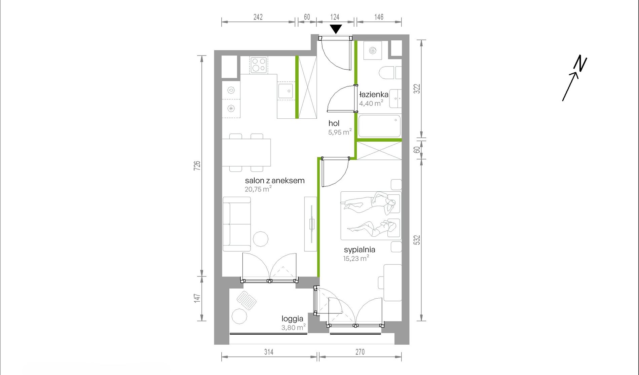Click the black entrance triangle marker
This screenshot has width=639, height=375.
pyautogui.click(x=336, y=29)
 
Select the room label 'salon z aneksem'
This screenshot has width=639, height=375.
pyautogui.click(x=275, y=181)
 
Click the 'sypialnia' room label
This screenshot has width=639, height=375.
pyautogui.click(x=360, y=250)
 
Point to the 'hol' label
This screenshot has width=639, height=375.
pyautogui.click(x=334, y=123)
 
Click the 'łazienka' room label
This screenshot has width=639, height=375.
pyautogui.click(x=374, y=95)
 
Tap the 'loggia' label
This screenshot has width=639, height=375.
pyautogui.click(x=292, y=319)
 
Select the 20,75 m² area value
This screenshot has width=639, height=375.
pyautogui.click(x=258, y=189)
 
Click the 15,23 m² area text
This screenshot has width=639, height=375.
pyautogui.click(x=356, y=258)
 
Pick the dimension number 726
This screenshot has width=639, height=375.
pyautogui.click(x=197, y=165)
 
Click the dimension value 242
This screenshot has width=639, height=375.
pyautogui.click(x=258, y=17)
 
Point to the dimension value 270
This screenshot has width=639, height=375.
pyautogui.click(x=360, y=352)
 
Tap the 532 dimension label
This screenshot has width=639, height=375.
pyautogui.click(x=417, y=240)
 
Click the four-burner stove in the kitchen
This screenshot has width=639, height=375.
pyautogui.click(x=259, y=65)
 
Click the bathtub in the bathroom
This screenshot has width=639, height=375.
pyautogui.click(x=380, y=126)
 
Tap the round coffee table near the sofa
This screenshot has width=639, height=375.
pyautogui.click(x=260, y=239)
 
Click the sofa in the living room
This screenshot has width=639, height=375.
pyautogui.click(x=237, y=224)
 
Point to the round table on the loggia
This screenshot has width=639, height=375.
pyautogui.click(x=239, y=316)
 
